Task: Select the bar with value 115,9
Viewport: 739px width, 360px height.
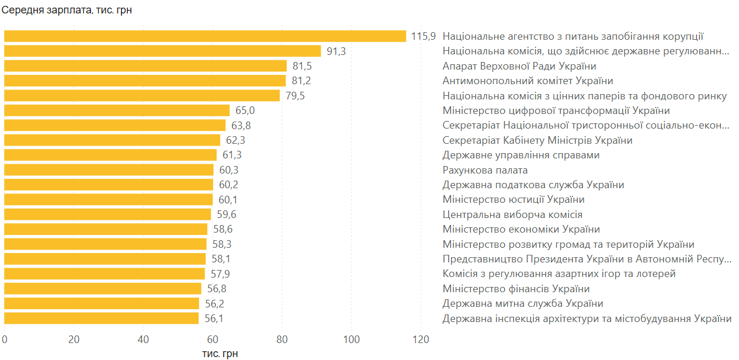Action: click(x=204, y=36)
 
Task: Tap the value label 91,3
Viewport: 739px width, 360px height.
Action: click(x=336, y=51)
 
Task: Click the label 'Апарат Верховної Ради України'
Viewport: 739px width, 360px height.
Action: click(x=519, y=66)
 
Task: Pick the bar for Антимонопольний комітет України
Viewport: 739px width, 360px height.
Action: click(x=145, y=81)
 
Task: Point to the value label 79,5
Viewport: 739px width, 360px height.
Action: click(x=295, y=96)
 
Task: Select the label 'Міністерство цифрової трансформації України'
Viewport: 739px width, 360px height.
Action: click(x=556, y=110)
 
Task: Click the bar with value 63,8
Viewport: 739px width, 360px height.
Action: click(x=115, y=125)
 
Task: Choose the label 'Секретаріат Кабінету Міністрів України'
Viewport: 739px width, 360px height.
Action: click(x=537, y=140)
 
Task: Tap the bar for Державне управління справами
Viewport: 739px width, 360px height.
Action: click(x=110, y=155)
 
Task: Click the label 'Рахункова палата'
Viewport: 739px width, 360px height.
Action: click(x=485, y=170)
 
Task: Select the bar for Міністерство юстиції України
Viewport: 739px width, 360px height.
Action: click(x=108, y=200)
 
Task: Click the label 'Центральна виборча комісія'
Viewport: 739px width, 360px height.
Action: click(x=512, y=214)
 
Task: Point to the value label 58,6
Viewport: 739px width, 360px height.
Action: click(x=222, y=229)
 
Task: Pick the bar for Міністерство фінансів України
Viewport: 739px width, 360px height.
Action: click(x=103, y=289)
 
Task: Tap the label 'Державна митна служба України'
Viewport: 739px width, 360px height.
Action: click(x=523, y=303)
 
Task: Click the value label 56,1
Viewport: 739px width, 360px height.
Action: click(x=214, y=319)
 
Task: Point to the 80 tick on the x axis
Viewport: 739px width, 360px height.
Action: click(x=282, y=340)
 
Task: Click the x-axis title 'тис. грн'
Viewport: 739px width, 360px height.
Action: click(x=220, y=353)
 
